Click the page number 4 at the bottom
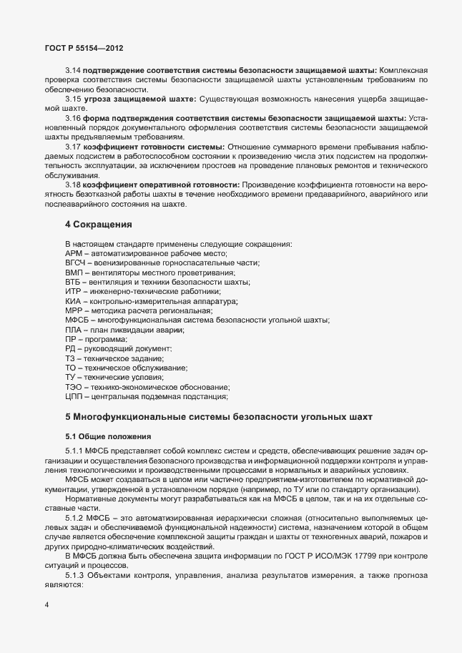(46, 606)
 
